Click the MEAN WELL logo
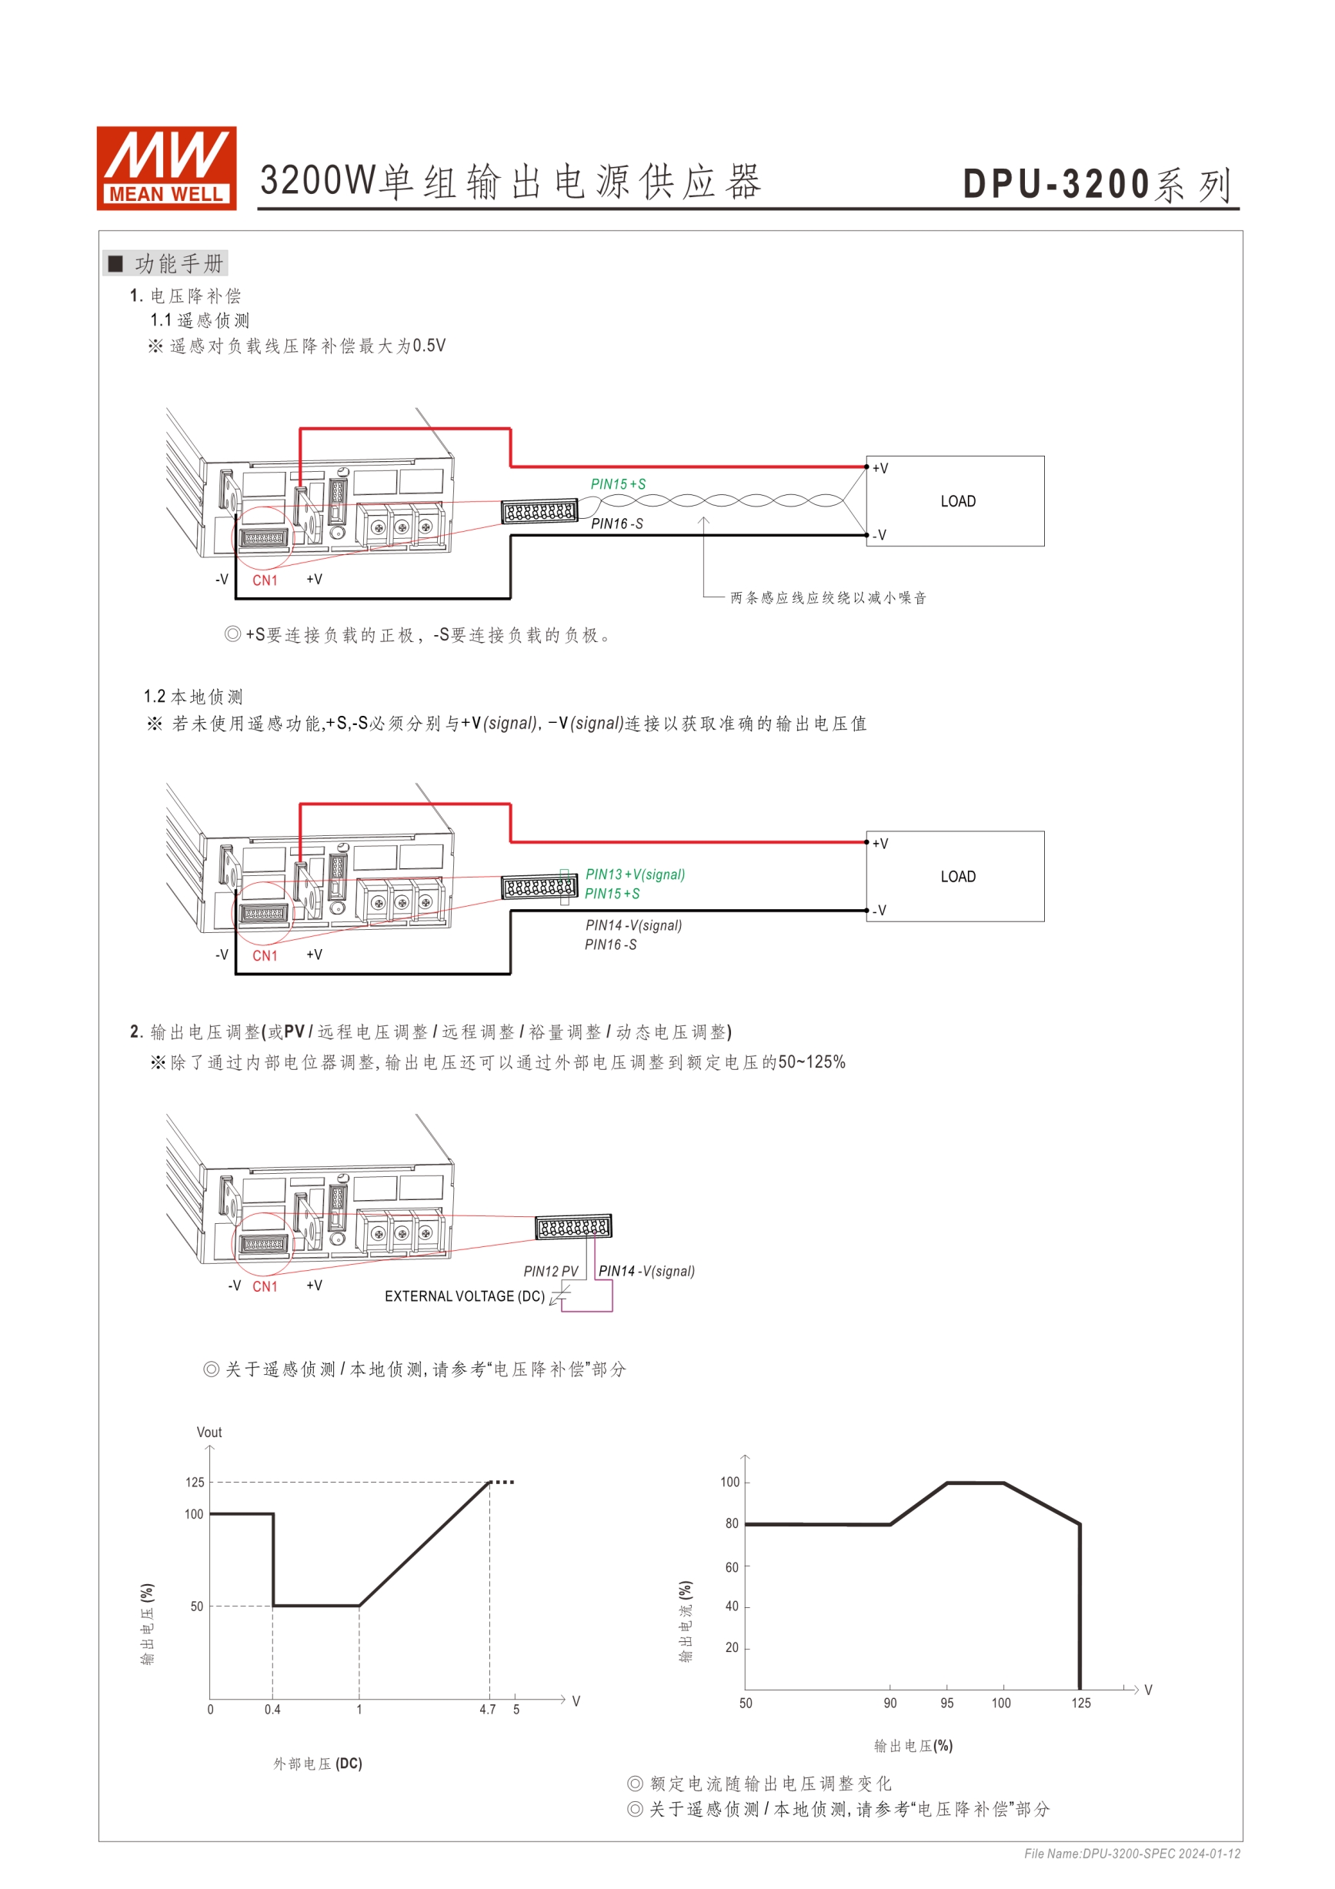coord(166,168)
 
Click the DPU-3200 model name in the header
coord(1056,184)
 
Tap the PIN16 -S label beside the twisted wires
coord(617,523)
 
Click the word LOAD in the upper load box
coord(957,501)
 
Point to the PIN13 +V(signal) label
coord(635,874)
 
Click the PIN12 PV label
coord(550,1271)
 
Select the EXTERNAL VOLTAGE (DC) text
coord(465,1296)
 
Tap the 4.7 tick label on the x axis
coord(488,1709)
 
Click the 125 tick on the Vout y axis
coord(194,1482)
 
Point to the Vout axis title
coord(209,1432)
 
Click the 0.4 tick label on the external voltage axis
coord(272,1709)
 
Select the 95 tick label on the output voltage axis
coord(946,1702)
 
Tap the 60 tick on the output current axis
coord(731,1566)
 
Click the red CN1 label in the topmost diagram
coord(265,580)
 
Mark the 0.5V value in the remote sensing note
coord(429,346)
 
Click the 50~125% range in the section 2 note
coord(812,1062)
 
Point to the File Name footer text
coord(1132,1854)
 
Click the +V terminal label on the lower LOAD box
coord(880,844)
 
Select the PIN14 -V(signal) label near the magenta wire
coord(646,1271)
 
